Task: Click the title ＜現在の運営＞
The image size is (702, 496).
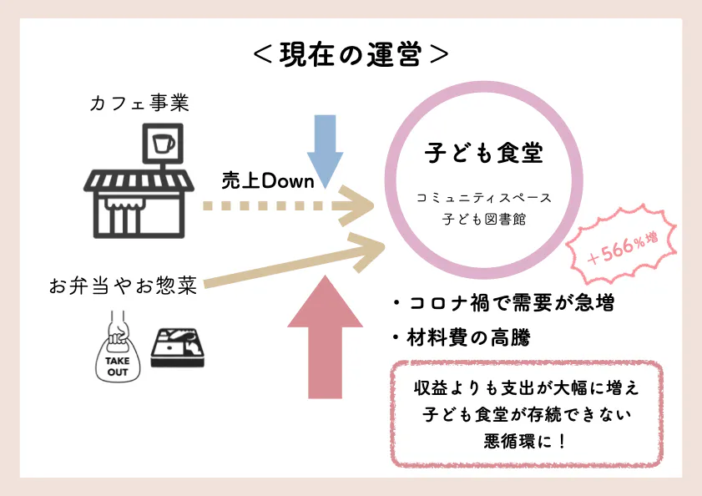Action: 351,54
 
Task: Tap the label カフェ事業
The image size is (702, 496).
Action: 140,104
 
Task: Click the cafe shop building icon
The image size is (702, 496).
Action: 139,200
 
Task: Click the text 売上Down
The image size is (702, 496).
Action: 267,180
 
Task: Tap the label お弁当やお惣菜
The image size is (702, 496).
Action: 124,286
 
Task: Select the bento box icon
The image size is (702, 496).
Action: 176,349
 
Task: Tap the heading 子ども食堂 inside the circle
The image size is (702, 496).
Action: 483,153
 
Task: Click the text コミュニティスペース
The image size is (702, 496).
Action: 483,199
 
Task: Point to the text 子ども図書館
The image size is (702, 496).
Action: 483,219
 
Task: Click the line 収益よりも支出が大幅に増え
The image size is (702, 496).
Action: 525,388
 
